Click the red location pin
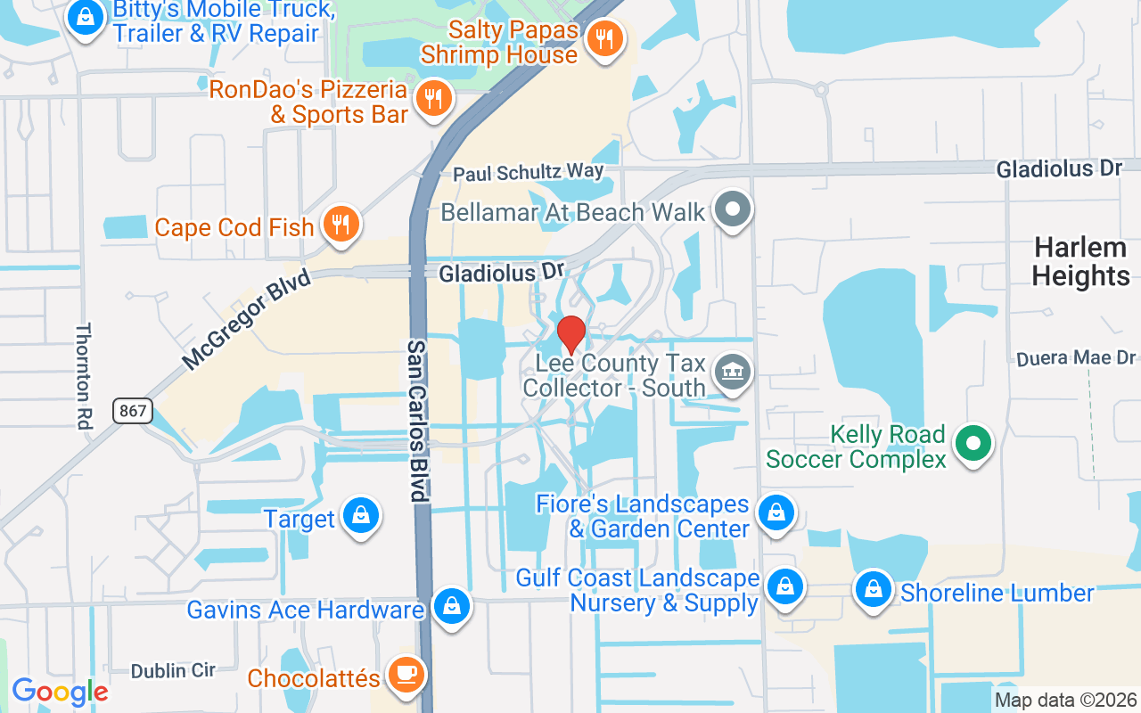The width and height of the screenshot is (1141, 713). [x=570, y=334]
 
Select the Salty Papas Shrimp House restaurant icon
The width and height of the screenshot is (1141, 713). [x=605, y=37]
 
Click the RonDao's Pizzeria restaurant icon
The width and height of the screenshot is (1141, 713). [x=433, y=97]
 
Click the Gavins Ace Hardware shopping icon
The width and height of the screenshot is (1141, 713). [x=452, y=607]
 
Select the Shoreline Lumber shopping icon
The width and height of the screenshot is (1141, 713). [x=874, y=589]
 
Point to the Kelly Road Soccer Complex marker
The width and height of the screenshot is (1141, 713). [x=973, y=442]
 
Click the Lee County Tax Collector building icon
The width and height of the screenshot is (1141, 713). [x=733, y=369]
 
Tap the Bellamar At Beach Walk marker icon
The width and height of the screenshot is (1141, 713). [x=733, y=210]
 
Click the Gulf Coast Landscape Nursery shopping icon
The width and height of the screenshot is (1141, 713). [x=784, y=586]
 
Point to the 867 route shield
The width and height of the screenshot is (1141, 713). [x=133, y=411]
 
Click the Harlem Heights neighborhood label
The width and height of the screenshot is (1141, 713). [x=1080, y=262]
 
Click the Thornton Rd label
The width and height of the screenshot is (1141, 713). [x=84, y=376]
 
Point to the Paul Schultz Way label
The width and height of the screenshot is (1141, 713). [x=528, y=171]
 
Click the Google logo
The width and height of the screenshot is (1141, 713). [x=60, y=692]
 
